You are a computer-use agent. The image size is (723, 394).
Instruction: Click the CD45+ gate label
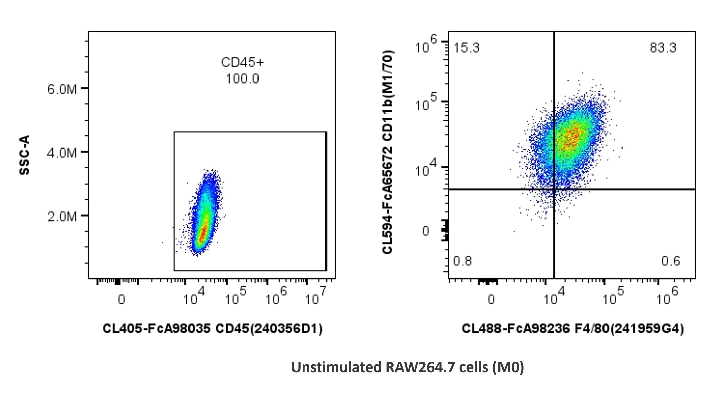(x=242, y=62)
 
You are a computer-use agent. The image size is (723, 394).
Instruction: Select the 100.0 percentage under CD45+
(x=242, y=79)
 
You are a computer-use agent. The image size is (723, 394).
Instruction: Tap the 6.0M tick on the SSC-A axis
(x=62, y=89)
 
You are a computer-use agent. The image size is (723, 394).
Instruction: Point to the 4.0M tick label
(x=62, y=153)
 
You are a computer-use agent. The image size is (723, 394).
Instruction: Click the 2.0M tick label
(x=62, y=217)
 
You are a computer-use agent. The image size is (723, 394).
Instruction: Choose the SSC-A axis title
(x=25, y=155)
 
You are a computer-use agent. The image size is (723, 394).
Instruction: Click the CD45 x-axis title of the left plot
(x=213, y=328)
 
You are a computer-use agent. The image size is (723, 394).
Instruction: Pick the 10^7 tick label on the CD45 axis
(x=315, y=296)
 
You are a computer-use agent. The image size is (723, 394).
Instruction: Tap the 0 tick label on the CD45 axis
(x=122, y=299)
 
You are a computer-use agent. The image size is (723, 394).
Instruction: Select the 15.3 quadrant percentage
(x=467, y=48)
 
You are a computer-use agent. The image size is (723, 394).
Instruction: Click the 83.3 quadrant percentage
(x=663, y=48)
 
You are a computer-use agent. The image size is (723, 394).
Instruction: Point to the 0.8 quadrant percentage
(x=462, y=261)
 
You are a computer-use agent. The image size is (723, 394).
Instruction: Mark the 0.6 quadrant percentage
(x=670, y=261)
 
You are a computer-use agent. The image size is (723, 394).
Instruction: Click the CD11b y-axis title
(x=388, y=152)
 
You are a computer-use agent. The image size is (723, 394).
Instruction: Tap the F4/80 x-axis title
(x=573, y=328)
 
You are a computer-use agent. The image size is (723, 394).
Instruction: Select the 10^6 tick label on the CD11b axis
(x=425, y=44)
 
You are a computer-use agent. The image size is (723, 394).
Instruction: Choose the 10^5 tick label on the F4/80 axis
(x=613, y=296)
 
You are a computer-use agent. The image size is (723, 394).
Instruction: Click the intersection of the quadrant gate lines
(x=554, y=189)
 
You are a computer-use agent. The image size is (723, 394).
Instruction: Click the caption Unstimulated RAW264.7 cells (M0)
(x=408, y=367)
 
